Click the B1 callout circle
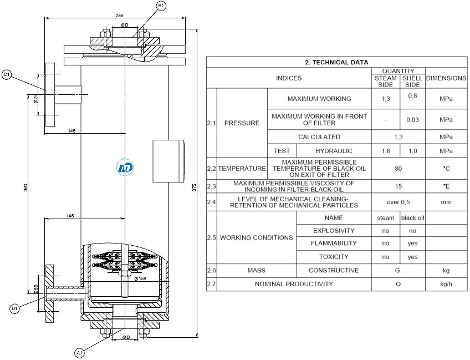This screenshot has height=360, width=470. (x=161, y=6)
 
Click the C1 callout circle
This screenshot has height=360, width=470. (x=7, y=74)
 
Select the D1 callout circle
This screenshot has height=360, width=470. (x=14, y=308)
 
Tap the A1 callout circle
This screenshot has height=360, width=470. (x=79, y=353)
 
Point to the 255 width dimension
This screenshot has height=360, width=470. (x=119, y=16)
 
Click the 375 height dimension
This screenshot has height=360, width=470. (x=194, y=188)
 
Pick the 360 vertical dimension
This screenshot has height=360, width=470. (x=26, y=188)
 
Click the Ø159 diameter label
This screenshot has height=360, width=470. (x=140, y=278)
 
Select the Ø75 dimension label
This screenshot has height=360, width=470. (x=35, y=99)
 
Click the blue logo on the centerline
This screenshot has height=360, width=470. (x=125, y=168)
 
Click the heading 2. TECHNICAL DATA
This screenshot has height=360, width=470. (x=336, y=62)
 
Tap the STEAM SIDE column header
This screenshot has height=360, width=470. (x=385, y=82)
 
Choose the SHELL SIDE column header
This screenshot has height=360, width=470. (x=412, y=82)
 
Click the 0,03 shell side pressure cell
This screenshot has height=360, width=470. (x=412, y=120)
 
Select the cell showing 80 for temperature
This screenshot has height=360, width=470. (x=398, y=169)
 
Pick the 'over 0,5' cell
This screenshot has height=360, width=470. (x=398, y=202)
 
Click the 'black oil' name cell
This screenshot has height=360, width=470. (x=412, y=218)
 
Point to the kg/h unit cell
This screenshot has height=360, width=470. (x=446, y=284)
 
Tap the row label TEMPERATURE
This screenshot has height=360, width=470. (x=242, y=169)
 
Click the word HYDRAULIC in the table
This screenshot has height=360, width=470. (x=334, y=151)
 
